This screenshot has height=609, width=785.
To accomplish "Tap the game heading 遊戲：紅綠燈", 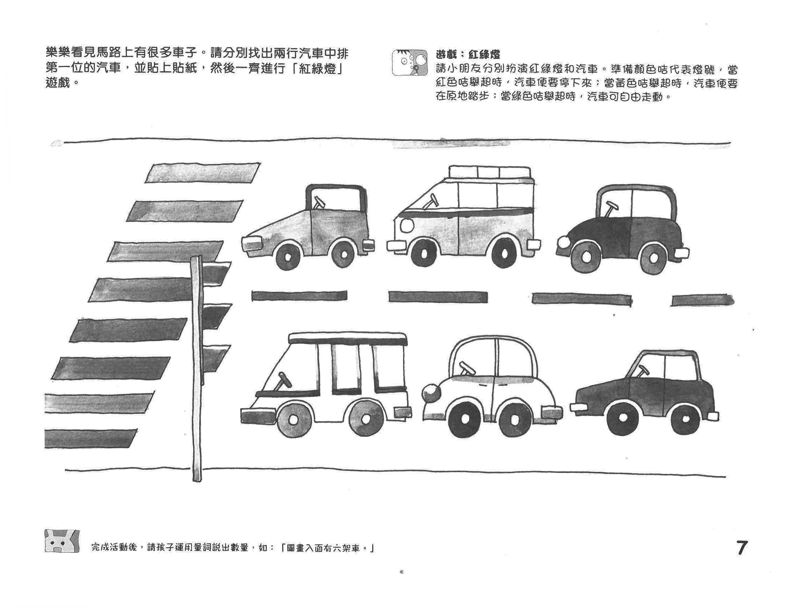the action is coord(468,55).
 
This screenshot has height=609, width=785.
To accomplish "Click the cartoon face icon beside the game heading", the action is coord(410,62).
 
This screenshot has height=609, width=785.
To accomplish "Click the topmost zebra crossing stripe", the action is coord(203,173).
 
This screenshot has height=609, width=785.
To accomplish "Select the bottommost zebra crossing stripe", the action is coord(91,439).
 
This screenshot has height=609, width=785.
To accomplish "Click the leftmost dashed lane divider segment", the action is coord(299,296).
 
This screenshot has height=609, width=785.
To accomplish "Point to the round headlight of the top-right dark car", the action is coord(563,242).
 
